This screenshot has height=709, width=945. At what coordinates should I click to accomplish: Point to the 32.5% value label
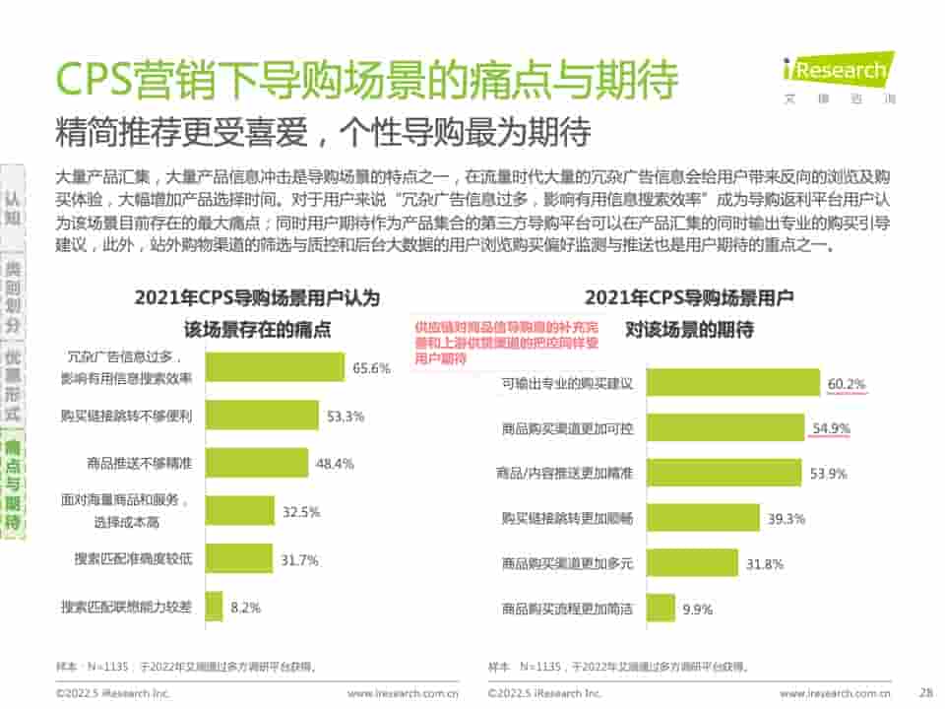point(301,512)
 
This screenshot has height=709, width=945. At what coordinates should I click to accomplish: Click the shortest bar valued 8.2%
point(214,608)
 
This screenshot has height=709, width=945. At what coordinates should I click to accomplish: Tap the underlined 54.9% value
point(832,428)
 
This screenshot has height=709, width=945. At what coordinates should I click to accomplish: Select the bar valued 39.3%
point(718,518)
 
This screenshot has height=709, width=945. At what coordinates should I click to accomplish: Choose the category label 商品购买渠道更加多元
point(567,564)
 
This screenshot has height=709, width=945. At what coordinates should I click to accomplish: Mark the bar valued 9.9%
point(661,609)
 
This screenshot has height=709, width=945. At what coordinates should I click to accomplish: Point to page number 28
point(924,692)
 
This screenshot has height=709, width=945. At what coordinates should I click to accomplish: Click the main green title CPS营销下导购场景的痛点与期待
point(365,80)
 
